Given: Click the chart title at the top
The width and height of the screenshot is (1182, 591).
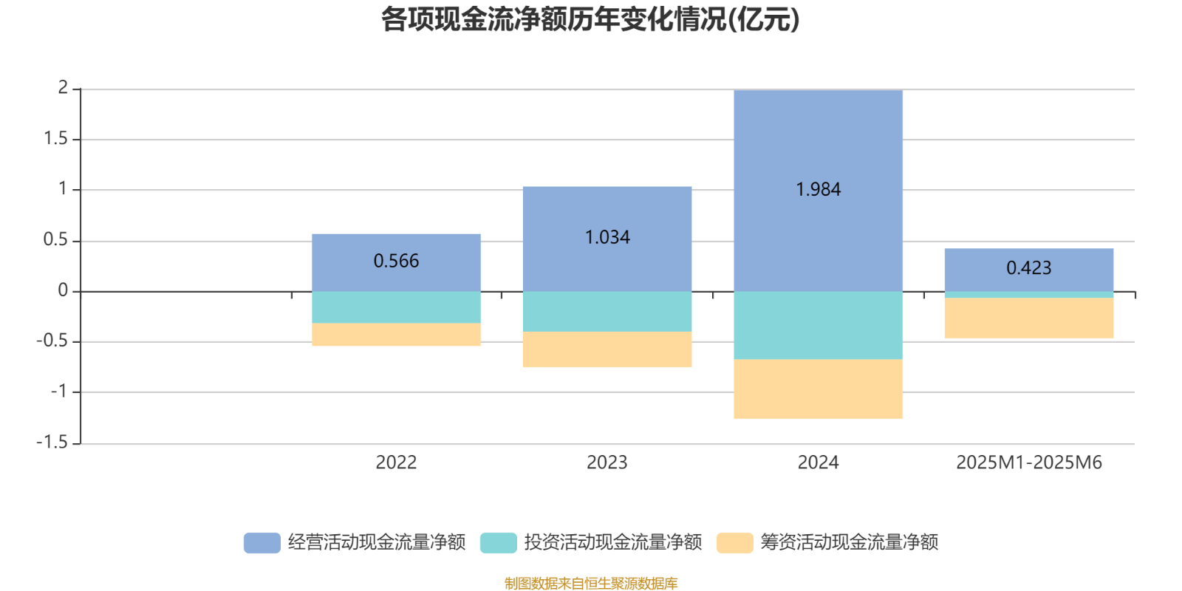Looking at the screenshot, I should (590, 20).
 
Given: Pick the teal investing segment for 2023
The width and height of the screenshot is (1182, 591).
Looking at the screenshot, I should (607, 311).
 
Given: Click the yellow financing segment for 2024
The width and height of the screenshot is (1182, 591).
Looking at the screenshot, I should (818, 389).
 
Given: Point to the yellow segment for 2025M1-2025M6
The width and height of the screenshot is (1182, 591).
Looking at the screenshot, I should (1028, 318).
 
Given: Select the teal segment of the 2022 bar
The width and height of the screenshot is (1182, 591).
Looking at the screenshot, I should (396, 307).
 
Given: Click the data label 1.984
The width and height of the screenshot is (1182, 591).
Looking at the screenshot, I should (818, 190).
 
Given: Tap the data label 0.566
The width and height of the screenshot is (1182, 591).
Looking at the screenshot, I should (396, 261).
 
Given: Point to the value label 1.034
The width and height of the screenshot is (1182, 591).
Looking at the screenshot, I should (607, 237).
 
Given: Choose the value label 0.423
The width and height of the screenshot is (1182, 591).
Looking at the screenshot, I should (1028, 268).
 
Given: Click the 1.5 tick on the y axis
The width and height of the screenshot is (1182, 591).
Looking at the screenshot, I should (56, 139).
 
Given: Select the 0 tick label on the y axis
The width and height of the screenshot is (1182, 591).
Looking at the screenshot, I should (63, 290).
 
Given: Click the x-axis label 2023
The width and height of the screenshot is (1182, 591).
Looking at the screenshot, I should (607, 462).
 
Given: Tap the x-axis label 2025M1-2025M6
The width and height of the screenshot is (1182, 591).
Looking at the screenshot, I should (1028, 462).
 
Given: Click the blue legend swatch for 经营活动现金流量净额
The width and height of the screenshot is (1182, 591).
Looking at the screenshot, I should (262, 542).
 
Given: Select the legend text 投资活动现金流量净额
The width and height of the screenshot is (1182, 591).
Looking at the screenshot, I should (612, 542).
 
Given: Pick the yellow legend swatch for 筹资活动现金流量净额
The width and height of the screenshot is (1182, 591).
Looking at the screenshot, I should (734, 542).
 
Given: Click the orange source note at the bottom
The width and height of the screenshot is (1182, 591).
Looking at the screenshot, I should (590, 584).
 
